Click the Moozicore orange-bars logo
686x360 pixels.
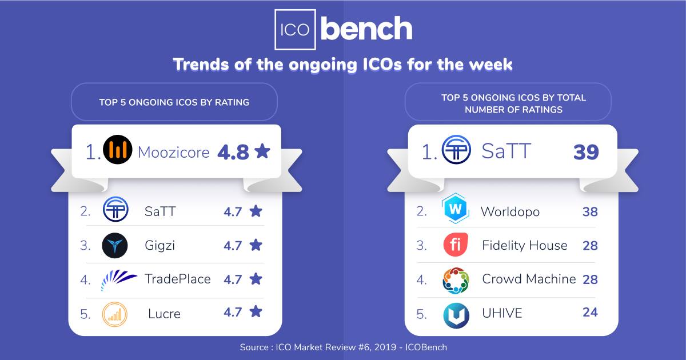tap(118, 151)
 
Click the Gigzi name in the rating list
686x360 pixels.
tap(159, 246)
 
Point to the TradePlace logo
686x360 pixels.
tap(119, 279)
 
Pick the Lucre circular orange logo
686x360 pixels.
tap(114, 314)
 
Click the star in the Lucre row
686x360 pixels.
tap(256, 312)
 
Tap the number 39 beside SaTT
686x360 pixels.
tap(586, 152)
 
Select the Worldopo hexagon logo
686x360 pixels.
tap(456, 209)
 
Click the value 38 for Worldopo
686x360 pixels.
tap(589, 212)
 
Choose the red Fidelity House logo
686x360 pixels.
tap(456, 245)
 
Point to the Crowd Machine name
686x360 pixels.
tap(529, 279)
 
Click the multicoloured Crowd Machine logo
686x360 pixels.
tap(456, 280)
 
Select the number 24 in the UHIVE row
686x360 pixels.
tap(589, 313)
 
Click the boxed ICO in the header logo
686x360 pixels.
tap(295, 29)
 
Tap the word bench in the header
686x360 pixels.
tap(366, 29)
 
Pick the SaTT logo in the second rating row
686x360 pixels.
tap(115, 210)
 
